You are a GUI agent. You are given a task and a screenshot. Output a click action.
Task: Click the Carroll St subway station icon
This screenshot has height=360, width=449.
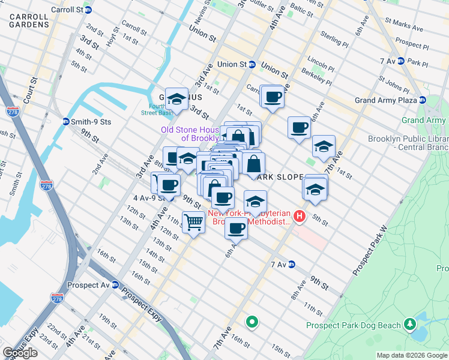pyautogui.click(x=89, y=10)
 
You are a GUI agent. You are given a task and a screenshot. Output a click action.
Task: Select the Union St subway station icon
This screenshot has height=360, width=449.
pyautogui.click(x=253, y=64)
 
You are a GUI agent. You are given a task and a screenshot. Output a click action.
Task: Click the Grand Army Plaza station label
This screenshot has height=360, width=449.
pyautogui.click(x=385, y=100)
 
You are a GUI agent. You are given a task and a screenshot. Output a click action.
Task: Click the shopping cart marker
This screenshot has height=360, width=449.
pyautogui.click(x=193, y=223)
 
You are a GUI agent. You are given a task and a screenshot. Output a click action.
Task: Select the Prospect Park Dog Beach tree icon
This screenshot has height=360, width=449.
pyautogui.click(x=410, y=325)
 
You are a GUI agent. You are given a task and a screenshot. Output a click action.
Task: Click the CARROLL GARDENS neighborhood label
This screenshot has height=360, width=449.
pyautogui.click(x=29, y=18)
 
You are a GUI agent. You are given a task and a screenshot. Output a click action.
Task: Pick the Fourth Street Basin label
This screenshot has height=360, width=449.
pyautogui.click(x=157, y=108)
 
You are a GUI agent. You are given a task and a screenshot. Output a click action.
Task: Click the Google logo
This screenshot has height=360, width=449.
pyautogui.click(x=20, y=352)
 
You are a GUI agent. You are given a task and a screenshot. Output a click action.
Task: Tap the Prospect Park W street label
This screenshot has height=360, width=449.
pyautogui.click(x=371, y=251)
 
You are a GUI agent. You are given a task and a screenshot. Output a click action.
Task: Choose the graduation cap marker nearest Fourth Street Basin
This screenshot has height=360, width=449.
pyautogui.click(x=176, y=98)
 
